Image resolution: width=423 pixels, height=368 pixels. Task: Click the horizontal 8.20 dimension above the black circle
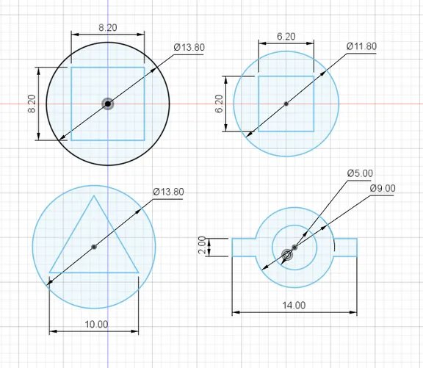108,27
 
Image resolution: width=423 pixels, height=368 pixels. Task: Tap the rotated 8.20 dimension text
32,104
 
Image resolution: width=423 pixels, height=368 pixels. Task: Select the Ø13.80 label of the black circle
189,47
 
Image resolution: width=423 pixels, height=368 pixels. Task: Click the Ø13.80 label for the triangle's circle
168,192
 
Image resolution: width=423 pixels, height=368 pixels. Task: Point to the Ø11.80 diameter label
361,46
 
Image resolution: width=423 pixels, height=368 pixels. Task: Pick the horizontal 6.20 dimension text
286,37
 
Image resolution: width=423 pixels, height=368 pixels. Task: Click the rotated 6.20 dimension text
220,104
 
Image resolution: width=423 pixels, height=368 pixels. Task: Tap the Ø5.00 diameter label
360,173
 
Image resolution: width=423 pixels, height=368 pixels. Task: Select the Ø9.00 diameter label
383,188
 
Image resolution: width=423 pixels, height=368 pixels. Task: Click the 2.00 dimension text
202,245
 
